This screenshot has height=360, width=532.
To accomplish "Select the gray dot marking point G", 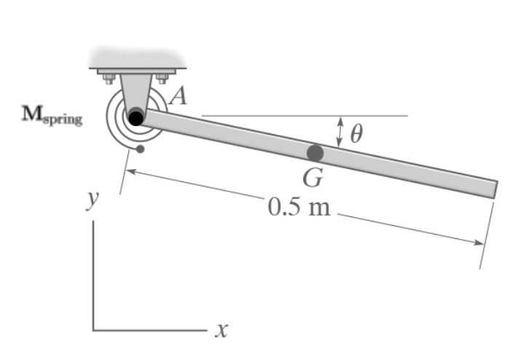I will (x=315, y=153).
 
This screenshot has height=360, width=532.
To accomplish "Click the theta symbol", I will (x=356, y=133).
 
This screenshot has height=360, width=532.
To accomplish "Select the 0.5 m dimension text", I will (x=299, y=208).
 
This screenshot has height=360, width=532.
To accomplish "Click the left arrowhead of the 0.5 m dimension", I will (x=130, y=171).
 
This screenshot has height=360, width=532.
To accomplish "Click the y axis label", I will (x=91, y=200).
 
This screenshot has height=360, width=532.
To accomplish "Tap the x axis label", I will (x=222, y=331).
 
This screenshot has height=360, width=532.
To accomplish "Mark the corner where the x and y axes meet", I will (x=93, y=330).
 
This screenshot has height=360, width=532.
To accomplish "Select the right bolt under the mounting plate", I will (x=161, y=78).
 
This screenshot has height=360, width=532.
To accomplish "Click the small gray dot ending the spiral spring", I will (x=140, y=150).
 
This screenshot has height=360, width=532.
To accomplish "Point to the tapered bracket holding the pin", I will (x=136, y=91).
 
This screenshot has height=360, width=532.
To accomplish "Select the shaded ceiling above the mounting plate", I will (x=136, y=58).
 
